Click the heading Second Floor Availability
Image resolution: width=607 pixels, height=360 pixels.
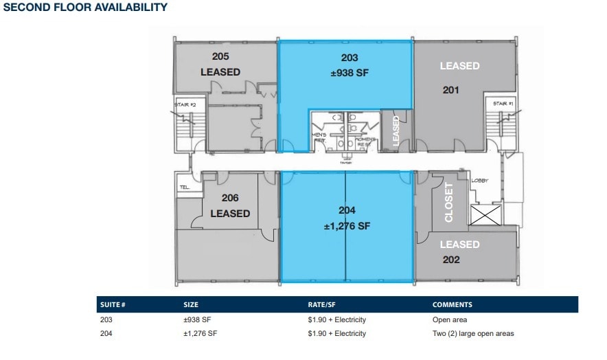(85, 8)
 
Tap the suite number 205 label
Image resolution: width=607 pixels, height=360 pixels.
(220, 56)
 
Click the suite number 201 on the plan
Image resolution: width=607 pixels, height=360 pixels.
(450, 89)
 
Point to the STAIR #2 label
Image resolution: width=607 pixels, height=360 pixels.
(185, 104)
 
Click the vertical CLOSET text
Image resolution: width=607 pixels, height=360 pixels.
(450, 202)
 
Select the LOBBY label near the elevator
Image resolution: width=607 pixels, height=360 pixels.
(479, 181)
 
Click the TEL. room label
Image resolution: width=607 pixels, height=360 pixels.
(184, 187)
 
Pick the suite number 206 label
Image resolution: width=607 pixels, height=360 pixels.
(229, 198)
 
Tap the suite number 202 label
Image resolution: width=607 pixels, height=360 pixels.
(451, 259)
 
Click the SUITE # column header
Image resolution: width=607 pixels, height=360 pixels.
(113, 304)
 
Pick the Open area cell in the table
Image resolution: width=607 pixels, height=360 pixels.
(448, 319)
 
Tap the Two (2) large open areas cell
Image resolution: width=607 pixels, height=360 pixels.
(472, 333)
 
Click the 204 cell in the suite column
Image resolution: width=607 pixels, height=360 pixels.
(105, 333)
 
